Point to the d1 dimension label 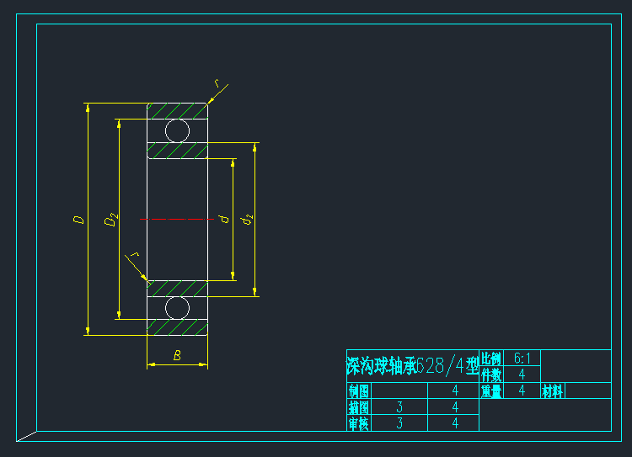click(x=247, y=220)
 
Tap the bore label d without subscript click(x=223, y=219)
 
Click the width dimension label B click(x=177, y=355)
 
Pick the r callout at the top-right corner click(x=217, y=84)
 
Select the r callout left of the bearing click(x=132, y=254)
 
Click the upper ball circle click(x=177, y=130)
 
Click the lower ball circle click(x=177, y=307)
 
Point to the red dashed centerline click(x=177, y=219)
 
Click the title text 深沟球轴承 click(x=380, y=365)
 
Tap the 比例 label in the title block click(x=490, y=359)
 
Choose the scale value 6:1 click(x=522, y=359)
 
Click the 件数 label click(x=490, y=375)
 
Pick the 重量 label click(x=490, y=391)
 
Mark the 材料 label click(x=553, y=391)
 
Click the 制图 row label click(x=359, y=391)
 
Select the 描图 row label click(x=359, y=407)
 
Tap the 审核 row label click(x=359, y=423)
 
